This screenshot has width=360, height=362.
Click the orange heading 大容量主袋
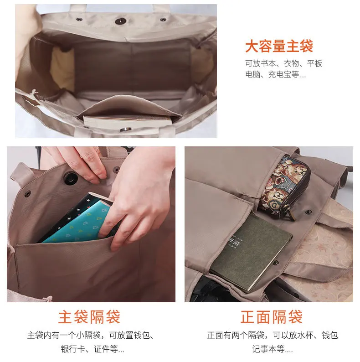coord(279,46)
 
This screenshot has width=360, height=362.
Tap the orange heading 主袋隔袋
coord(89,317)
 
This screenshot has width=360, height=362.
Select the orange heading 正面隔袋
coord(272,317)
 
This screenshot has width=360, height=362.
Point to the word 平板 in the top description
coord(314,63)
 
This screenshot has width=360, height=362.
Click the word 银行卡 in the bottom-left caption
coord(72,349)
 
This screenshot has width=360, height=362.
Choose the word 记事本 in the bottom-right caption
coord(264,349)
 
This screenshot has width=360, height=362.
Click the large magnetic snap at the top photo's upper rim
coord(120,21)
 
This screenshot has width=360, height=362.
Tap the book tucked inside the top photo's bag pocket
coord(128,122)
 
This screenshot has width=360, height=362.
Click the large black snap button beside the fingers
coord(70,178)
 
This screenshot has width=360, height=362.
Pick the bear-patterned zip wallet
coord(285,187)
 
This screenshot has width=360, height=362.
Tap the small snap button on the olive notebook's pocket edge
coord(275,263)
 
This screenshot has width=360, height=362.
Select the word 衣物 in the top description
coord(292,63)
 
